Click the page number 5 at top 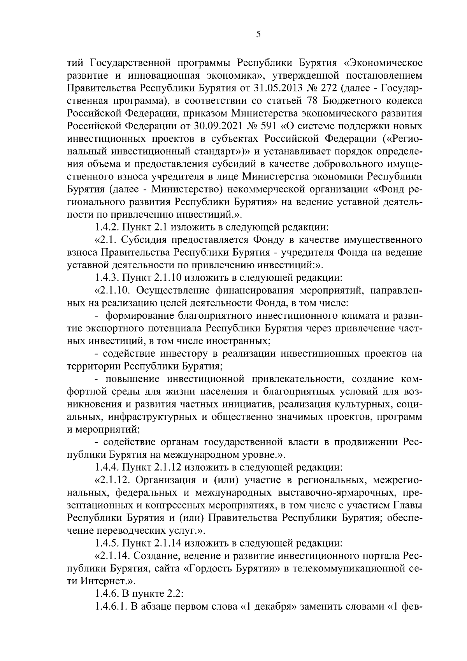coord(258,35)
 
